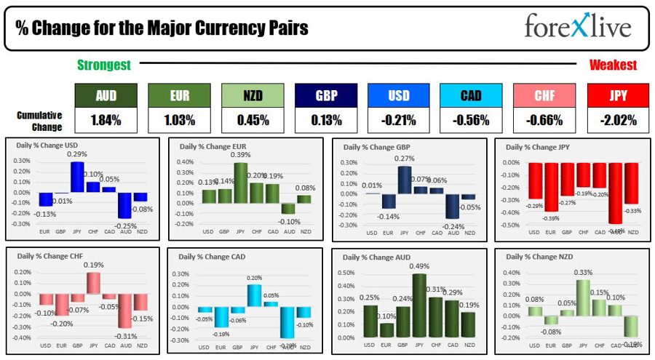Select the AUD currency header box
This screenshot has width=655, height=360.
pyautogui.click(x=106, y=95)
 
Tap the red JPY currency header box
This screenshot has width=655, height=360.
pyautogui.click(x=617, y=95)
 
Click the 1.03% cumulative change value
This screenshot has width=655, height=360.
pyautogui.click(x=179, y=120)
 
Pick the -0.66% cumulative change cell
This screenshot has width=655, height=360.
pyautogui.click(x=544, y=120)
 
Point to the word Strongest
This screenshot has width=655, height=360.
pyautogui.click(x=104, y=65)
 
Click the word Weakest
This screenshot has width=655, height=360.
pyautogui.click(x=613, y=65)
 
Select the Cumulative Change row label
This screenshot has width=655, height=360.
pyautogui.click(x=40, y=121)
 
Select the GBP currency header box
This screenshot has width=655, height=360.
pyautogui.click(x=325, y=95)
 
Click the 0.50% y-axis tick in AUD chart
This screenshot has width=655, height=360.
pyautogui.click(x=345, y=273)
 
